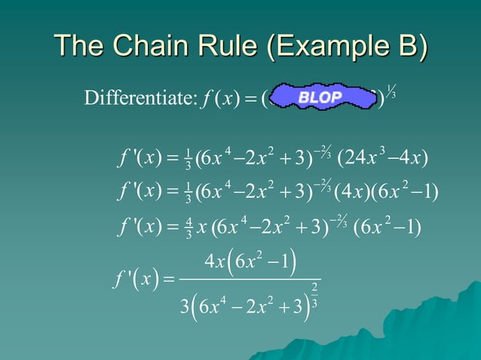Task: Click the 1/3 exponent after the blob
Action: (x=391, y=89)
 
